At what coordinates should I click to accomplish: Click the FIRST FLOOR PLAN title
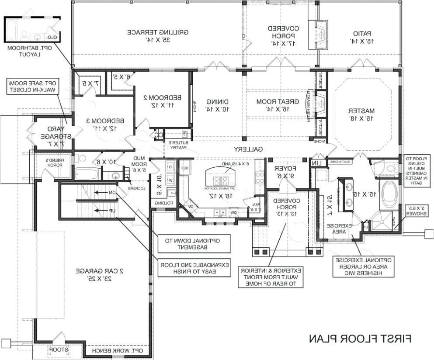pos(361,339)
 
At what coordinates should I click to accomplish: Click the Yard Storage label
pos(50,136)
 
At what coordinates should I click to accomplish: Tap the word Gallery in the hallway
pos(248,149)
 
